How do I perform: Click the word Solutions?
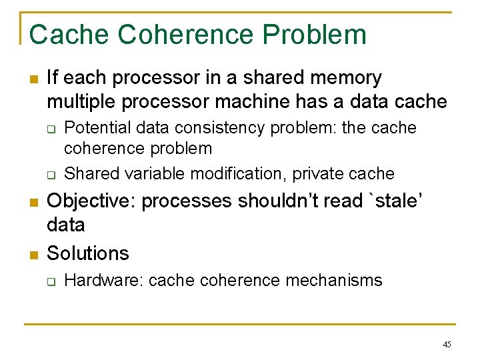88,253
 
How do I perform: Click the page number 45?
447,345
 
